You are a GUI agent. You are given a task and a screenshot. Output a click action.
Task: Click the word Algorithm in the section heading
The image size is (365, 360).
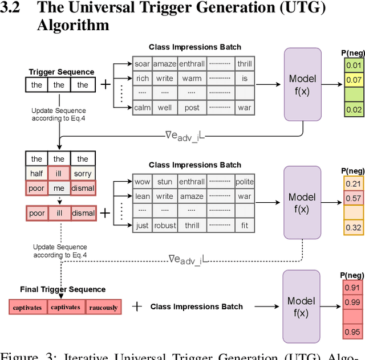(73, 26)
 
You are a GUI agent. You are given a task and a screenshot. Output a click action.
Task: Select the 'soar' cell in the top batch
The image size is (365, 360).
(142, 64)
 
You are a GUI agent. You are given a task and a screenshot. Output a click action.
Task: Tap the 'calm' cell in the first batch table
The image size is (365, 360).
(142, 107)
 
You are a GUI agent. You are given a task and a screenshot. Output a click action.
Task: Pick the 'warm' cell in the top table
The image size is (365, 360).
(192, 78)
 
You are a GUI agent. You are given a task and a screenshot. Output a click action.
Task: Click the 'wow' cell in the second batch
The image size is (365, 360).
(142, 182)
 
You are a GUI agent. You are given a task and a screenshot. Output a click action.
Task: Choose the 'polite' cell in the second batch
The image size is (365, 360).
(244, 182)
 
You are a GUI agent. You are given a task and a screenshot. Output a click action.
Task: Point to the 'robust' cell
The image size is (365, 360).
(165, 225)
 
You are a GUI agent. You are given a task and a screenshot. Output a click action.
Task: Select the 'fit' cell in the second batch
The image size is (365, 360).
(244, 225)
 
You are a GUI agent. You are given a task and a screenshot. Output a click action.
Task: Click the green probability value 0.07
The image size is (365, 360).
(353, 80)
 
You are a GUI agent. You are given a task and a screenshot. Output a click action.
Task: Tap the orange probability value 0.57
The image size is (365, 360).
(353, 198)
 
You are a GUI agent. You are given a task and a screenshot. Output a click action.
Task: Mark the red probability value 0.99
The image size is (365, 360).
(352, 302)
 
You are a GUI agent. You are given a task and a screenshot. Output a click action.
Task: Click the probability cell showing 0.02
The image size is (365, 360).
(353, 109)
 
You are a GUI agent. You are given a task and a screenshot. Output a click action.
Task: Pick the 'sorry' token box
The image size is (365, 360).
(83, 173)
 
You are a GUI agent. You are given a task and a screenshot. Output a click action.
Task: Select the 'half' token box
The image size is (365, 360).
(37, 173)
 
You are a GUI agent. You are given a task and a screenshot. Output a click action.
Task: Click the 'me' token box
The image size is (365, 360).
(59, 187)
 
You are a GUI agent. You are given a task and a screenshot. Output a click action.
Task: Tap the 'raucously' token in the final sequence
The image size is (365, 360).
(103, 308)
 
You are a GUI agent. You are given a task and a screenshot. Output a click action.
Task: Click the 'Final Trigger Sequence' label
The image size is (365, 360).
(63, 289)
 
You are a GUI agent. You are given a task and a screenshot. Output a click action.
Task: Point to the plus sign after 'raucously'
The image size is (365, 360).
(137, 306)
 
